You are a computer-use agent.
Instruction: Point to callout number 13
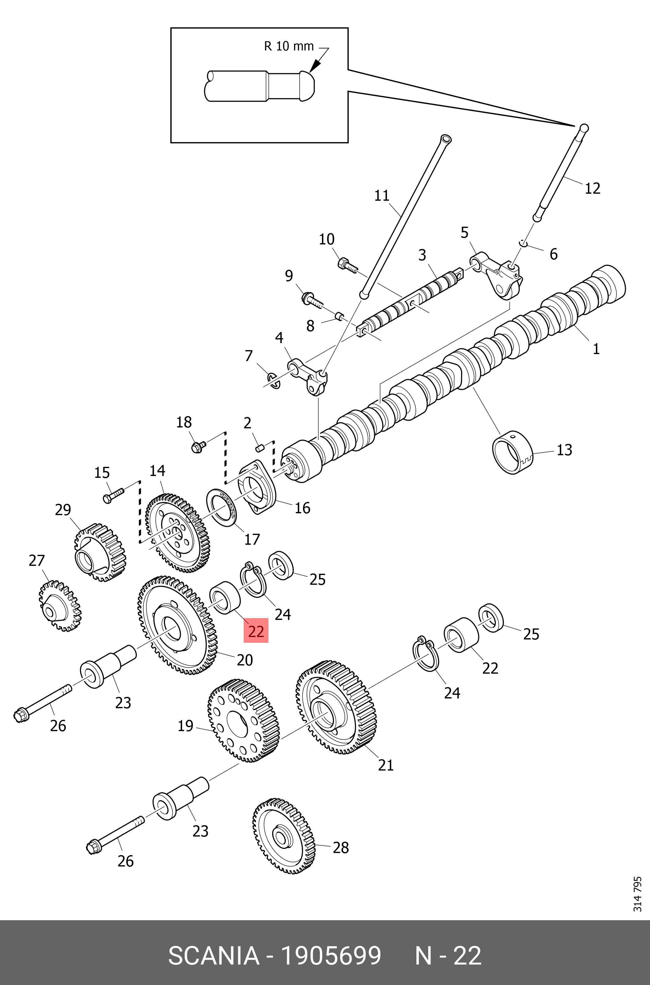(564, 450)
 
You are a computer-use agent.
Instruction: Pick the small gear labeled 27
(60, 607)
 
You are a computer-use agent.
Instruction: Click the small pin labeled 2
(260, 447)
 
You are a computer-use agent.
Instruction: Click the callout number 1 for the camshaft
(596, 349)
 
